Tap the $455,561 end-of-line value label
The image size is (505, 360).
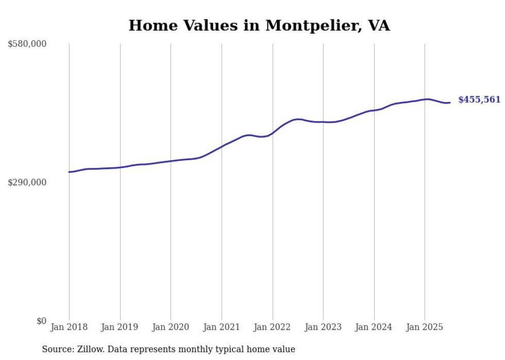479,100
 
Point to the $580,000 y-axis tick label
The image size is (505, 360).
27,44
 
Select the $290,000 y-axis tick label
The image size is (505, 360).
27,182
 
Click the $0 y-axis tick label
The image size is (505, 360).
41,321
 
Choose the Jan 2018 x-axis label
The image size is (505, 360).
69,327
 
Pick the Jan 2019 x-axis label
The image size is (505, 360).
120,327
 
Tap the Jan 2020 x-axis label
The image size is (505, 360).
171,327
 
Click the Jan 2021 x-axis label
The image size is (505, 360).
222,327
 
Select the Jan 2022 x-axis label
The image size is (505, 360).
273,327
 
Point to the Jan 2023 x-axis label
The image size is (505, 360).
323,327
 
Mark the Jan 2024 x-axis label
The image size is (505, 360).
374,327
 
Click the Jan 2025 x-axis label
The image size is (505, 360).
425,327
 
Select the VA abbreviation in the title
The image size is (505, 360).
379,25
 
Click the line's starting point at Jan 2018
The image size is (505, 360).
69,172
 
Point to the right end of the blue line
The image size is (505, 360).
450,102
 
